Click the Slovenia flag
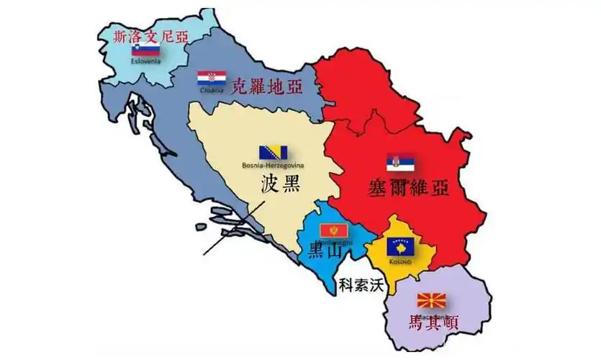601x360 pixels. (x=145, y=50)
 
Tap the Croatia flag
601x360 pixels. (x=212, y=78)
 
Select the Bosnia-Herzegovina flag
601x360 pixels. (x=274, y=152)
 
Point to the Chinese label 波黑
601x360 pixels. (x=279, y=184)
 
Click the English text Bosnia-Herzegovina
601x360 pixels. (x=274, y=166)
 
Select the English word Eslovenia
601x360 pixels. (x=145, y=60)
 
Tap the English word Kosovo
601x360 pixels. (x=400, y=261)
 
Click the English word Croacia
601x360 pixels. (x=212, y=91)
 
